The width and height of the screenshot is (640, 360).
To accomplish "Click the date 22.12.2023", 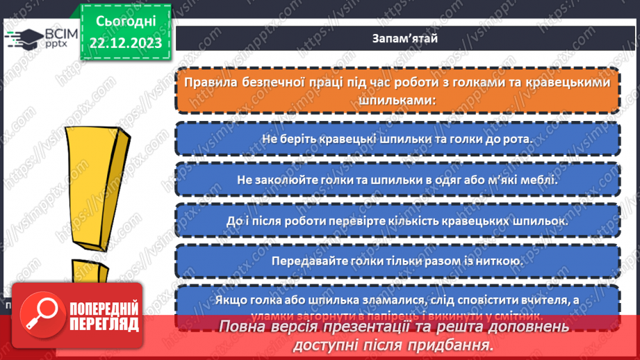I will (x=125, y=43).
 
